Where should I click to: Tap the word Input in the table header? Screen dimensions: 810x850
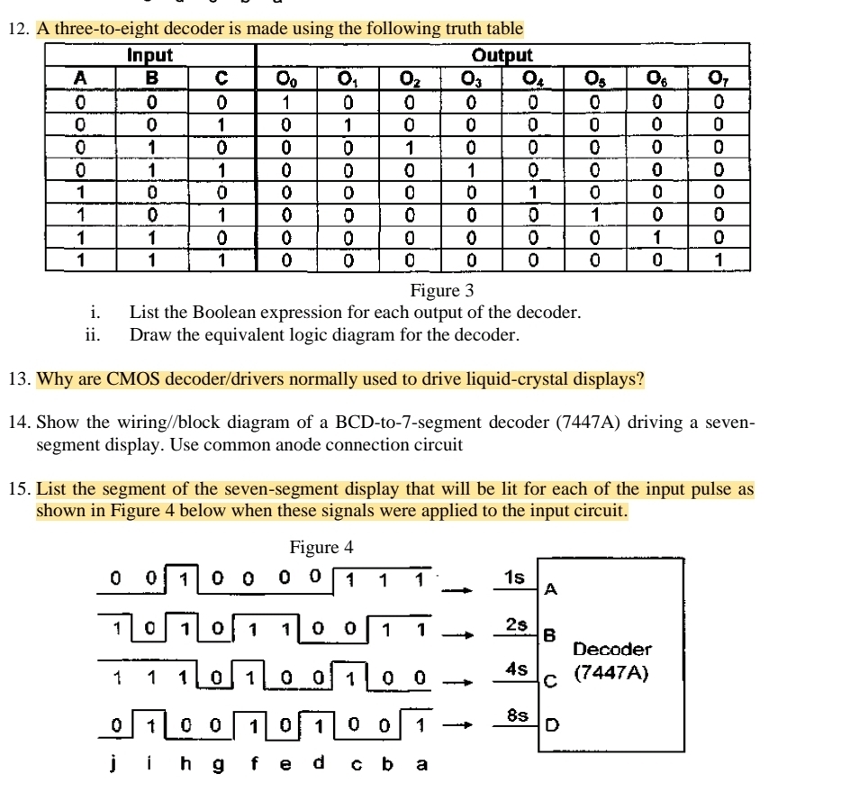click(149, 56)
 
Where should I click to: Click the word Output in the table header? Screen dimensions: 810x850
click(502, 56)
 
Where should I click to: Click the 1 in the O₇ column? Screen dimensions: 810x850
click(719, 261)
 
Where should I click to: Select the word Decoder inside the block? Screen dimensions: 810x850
click(612, 649)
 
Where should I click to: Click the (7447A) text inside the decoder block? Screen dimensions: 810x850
click(612, 670)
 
